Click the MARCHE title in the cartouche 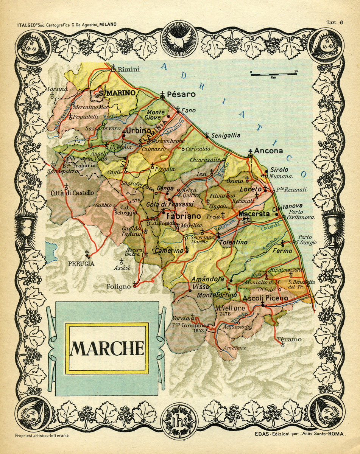tap(107, 348)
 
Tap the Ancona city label tap(268, 151)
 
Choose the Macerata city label tap(254, 214)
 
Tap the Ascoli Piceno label tap(265, 299)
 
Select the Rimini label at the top tap(129, 70)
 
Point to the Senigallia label tap(226, 135)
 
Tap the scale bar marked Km tap(274, 73)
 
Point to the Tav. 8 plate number tap(335, 22)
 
